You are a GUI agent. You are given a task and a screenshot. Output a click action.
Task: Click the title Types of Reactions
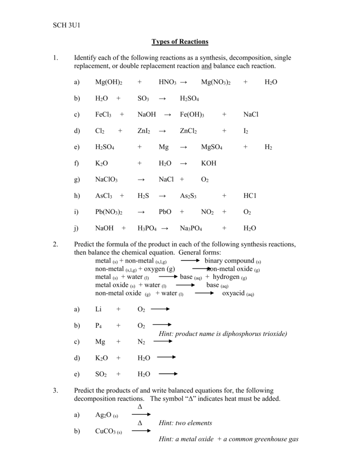180,41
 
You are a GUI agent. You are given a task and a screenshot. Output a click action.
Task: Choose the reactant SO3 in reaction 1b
143,98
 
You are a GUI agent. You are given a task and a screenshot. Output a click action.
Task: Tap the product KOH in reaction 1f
208,163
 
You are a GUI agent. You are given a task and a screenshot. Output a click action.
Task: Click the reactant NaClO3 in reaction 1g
106,180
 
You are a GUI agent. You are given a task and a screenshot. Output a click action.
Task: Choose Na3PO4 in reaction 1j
191,228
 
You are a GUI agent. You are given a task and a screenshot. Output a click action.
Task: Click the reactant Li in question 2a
98,309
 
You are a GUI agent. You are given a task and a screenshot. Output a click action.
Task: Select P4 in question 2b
98,326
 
